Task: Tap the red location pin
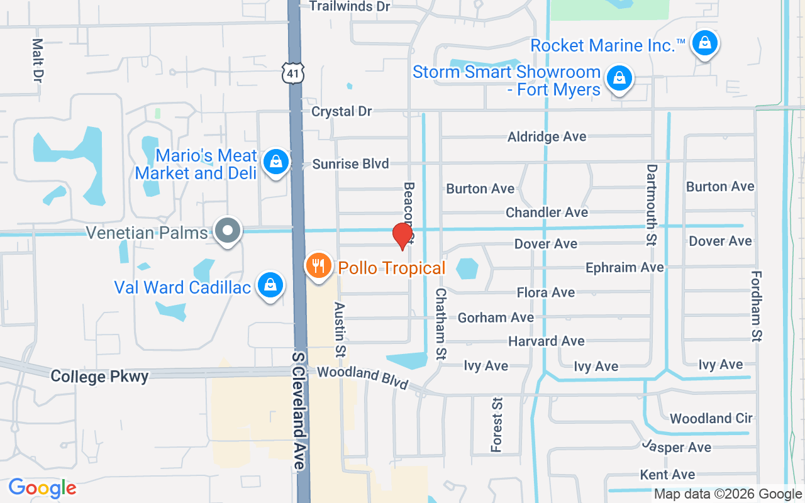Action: pyautogui.click(x=402, y=236)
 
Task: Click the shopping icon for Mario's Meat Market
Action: pyautogui.click(x=275, y=162)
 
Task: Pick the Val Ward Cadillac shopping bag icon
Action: pyautogui.click(x=270, y=285)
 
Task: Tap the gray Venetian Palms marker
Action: pyautogui.click(x=227, y=231)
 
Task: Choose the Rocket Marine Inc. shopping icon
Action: pyautogui.click(x=704, y=43)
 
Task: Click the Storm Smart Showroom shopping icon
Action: pyautogui.click(x=619, y=79)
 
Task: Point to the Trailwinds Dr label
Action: pyautogui.click(x=350, y=6)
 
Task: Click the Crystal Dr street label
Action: pyautogui.click(x=342, y=111)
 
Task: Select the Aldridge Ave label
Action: pyautogui.click(x=547, y=136)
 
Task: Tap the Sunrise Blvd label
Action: pyautogui.click(x=351, y=164)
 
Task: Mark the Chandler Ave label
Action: pyautogui.click(x=547, y=213)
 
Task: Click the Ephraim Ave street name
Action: pyautogui.click(x=624, y=267)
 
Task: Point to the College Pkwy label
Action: pyautogui.click(x=99, y=377)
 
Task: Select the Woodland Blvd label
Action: pyautogui.click(x=363, y=377)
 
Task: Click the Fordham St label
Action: pyautogui.click(x=757, y=306)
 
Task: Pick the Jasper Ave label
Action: pyautogui.click(x=676, y=447)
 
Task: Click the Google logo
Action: pyautogui.click(x=42, y=488)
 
